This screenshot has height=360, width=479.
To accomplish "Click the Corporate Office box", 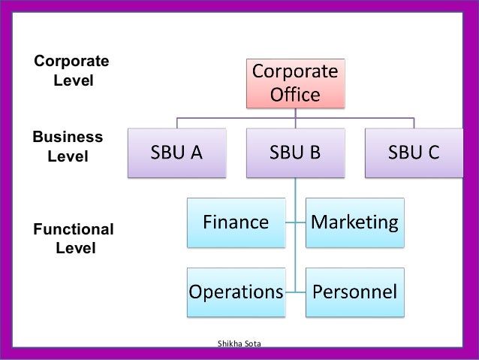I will (x=294, y=83).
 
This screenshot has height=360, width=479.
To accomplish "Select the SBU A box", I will (x=176, y=153).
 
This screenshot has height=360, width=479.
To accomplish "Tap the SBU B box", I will (x=295, y=153).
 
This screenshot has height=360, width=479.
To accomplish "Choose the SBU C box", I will (x=414, y=153).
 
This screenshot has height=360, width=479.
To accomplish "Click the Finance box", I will (x=236, y=222).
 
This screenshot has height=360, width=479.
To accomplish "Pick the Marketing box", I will (x=354, y=222).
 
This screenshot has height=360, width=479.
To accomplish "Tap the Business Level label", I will (x=68, y=147).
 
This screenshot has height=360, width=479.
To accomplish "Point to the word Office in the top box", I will (x=294, y=95).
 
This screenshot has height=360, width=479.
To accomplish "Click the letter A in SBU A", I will (x=196, y=153).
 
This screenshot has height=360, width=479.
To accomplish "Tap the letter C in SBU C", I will (x=433, y=153).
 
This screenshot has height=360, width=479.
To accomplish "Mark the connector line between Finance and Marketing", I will (x=297, y=222).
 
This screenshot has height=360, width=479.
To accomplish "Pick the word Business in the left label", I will (x=68, y=138).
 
